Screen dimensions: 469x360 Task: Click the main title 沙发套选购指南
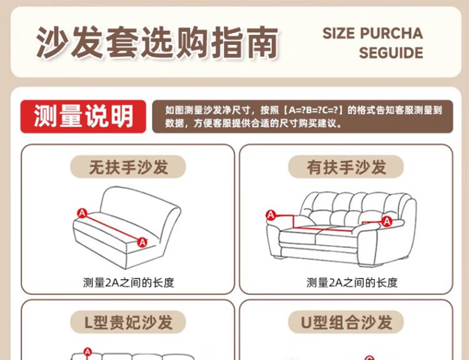coord(158,42)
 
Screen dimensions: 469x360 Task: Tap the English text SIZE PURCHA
coord(373,33)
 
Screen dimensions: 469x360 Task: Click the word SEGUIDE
coord(391,53)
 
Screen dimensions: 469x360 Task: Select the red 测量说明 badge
coord(83,116)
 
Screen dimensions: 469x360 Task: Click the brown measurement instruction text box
coord(303,116)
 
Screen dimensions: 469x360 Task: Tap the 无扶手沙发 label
coord(128,167)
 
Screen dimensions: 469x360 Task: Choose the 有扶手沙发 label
coord(346,167)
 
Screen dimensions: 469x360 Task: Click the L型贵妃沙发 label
coord(128,322)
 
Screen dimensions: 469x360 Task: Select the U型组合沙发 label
coord(346,322)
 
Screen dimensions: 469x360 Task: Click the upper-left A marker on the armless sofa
coord(82,213)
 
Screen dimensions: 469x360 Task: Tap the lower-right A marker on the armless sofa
coord(142,242)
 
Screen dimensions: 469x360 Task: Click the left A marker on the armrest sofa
coord(271,215)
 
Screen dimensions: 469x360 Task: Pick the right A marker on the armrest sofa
coord(386,221)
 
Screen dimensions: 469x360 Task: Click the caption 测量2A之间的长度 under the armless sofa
coord(129,282)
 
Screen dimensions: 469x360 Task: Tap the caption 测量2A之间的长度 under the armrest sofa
coord(352,282)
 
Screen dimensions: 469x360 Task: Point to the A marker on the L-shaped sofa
coord(88,352)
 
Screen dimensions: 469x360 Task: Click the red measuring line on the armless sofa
coord(112,228)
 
